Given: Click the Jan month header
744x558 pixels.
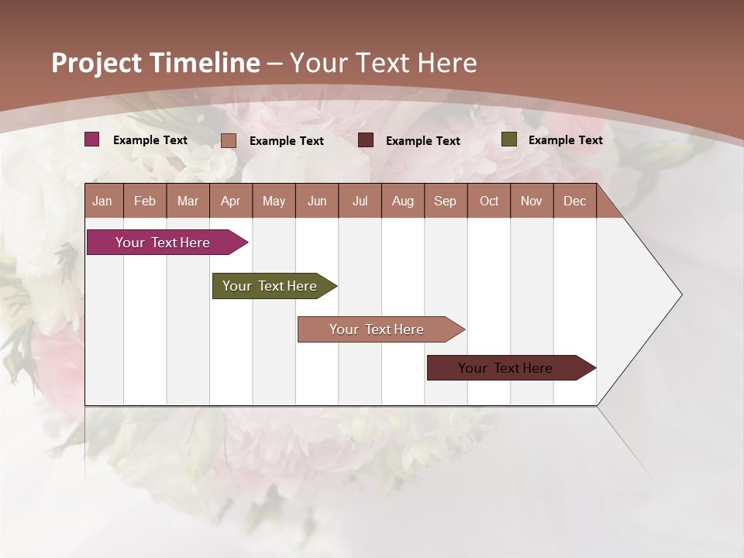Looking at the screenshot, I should (x=102, y=201).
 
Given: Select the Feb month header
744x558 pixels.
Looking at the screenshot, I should (x=145, y=201).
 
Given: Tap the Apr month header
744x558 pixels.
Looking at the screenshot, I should (x=230, y=201).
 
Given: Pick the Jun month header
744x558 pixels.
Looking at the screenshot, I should (x=317, y=201).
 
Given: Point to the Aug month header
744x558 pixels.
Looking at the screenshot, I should (x=402, y=201).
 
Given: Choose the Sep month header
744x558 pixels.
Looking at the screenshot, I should (x=445, y=201).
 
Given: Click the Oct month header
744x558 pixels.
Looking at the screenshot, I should (x=489, y=201).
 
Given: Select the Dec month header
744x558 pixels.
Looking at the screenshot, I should (x=574, y=201).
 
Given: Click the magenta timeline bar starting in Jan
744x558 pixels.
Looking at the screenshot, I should (x=163, y=243).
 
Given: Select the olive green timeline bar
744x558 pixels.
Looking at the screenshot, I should (x=270, y=286).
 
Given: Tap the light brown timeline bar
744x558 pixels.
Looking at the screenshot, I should (x=377, y=329).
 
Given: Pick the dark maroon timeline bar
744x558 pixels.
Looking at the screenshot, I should (x=505, y=368).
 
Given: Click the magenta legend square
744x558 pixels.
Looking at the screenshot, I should (x=92, y=139).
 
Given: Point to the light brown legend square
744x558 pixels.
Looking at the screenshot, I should (x=229, y=140).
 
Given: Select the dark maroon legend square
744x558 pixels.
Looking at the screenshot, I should (x=366, y=140).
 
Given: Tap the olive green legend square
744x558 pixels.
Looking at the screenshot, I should (x=509, y=139).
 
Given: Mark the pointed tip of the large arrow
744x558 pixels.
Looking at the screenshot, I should (x=680, y=294).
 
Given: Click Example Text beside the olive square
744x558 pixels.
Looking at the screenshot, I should (x=565, y=140).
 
